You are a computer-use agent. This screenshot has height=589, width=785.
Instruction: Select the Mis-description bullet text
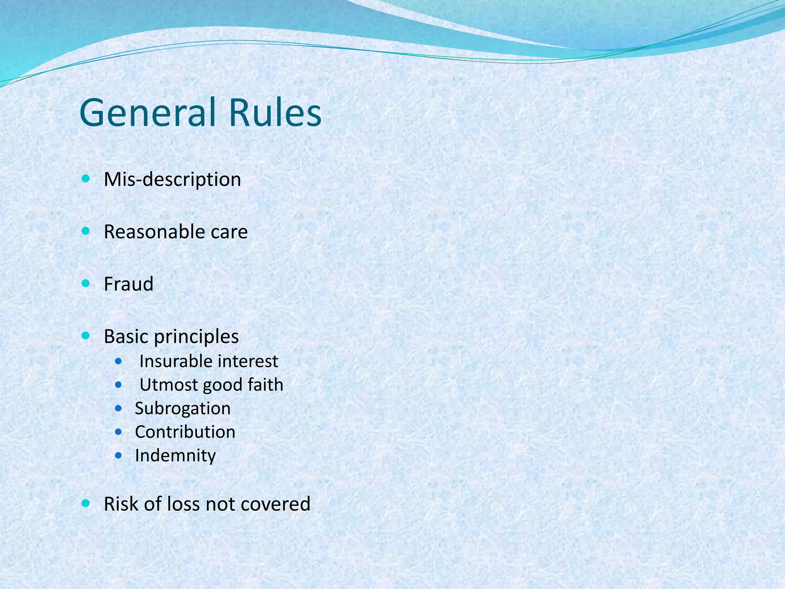(x=172, y=179)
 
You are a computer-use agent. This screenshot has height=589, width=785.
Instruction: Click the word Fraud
(x=128, y=284)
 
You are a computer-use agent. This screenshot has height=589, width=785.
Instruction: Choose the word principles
(x=197, y=337)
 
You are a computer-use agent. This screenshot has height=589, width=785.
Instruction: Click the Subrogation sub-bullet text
(x=182, y=409)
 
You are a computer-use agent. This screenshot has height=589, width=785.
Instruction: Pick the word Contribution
(x=185, y=432)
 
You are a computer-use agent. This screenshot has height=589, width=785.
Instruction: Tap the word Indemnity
(x=175, y=456)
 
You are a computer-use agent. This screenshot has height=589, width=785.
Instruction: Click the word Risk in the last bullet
(x=121, y=504)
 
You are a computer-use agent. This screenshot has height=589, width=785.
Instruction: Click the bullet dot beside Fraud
(x=86, y=284)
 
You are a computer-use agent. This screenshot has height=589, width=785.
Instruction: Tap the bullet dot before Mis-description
(x=86, y=179)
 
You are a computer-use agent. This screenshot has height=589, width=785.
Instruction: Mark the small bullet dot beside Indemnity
(x=118, y=456)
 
